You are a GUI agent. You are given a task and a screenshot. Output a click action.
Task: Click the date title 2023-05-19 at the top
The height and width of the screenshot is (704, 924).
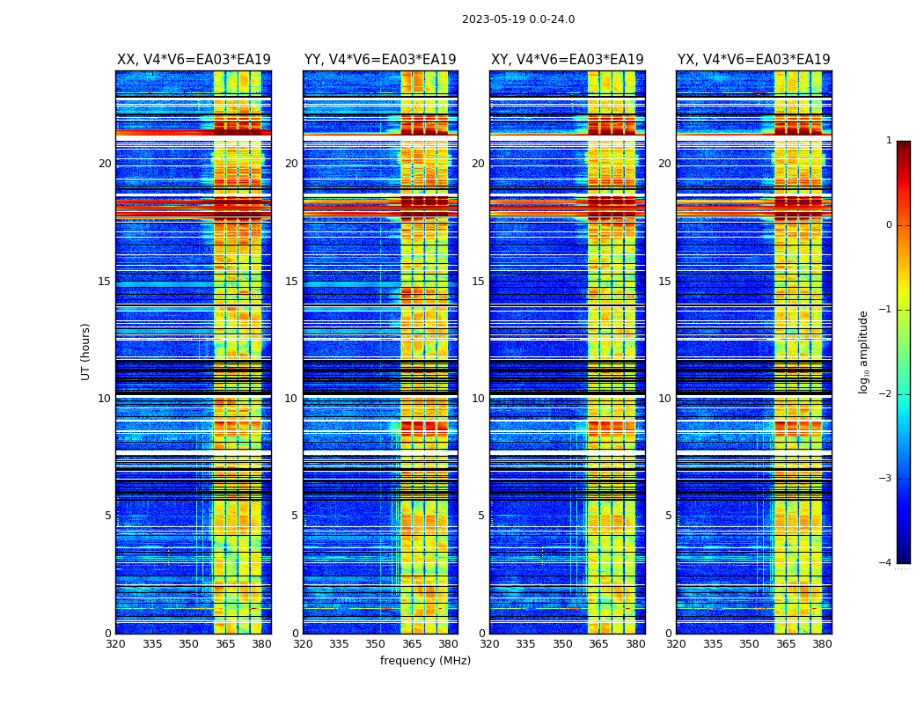(518, 19)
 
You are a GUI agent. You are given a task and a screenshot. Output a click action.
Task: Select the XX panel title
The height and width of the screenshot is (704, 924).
(194, 60)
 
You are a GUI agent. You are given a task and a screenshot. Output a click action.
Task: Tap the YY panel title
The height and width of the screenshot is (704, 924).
(380, 60)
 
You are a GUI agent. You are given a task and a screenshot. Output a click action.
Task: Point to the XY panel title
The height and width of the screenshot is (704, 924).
(568, 60)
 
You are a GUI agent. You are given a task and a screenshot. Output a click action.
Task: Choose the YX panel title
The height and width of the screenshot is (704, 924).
(754, 60)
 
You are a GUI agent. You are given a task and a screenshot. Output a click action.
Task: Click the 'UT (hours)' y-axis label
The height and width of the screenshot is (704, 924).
(86, 351)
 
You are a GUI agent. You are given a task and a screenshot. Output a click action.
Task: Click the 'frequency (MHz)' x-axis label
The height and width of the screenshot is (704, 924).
(425, 661)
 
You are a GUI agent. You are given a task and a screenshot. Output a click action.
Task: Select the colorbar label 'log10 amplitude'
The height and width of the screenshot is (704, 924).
(864, 351)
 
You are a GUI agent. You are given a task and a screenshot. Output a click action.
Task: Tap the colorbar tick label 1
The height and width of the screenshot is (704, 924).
(888, 141)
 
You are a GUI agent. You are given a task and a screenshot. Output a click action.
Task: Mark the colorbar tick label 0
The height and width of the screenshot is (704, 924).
(888, 225)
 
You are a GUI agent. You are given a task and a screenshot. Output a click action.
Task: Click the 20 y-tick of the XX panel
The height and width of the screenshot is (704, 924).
(105, 164)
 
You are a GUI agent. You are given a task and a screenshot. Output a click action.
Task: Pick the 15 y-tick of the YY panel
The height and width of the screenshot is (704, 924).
(291, 282)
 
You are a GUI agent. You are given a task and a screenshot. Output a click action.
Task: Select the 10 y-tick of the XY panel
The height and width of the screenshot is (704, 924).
(478, 399)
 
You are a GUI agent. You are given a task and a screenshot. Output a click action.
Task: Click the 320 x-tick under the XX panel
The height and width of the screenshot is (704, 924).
(115, 644)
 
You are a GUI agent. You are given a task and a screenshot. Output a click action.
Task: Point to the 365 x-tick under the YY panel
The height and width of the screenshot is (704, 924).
(412, 644)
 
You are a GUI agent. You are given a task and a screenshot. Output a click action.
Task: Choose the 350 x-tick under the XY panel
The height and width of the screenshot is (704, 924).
(562, 644)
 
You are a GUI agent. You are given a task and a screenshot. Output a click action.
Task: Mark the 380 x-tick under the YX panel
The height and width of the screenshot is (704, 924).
(822, 644)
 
